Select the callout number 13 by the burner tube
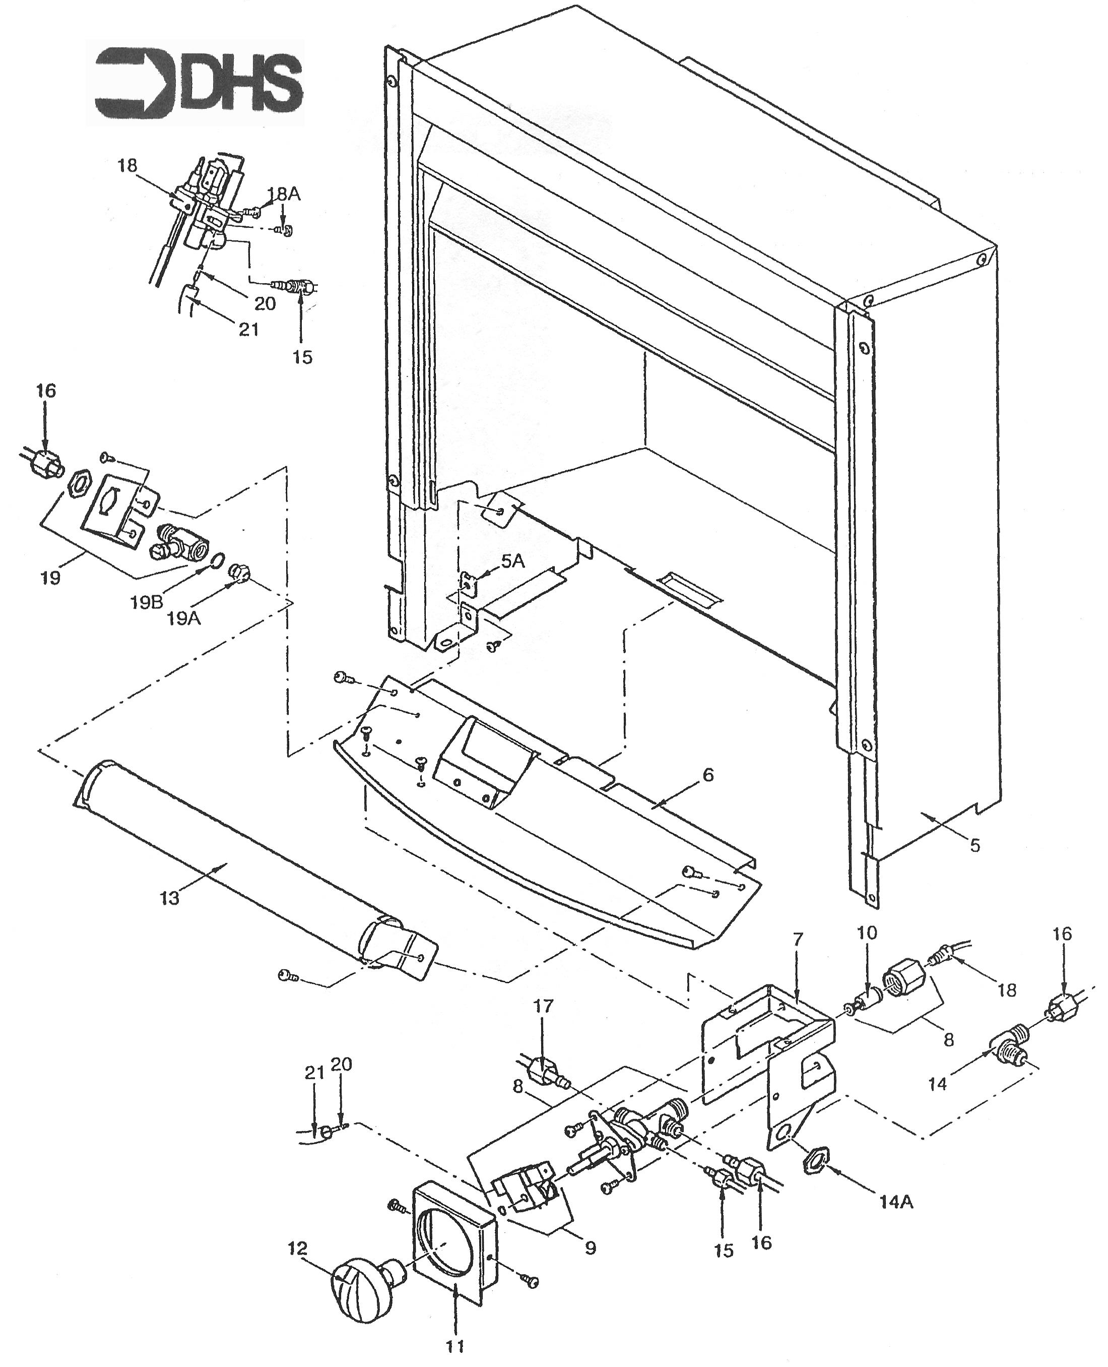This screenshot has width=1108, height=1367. pyautogui.click(x=170, y=898)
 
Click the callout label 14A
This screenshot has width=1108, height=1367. pyautogui.click(x=896, y=1201)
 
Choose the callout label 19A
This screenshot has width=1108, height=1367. pyautogui.click(x=184, y=617)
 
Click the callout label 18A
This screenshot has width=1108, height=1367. pyautogui.click(x=284, y=194)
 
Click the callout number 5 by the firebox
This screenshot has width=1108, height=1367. pyautogui.click(x=974, y=846)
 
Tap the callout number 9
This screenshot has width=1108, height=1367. pyautogui.click(x=591, y=1247)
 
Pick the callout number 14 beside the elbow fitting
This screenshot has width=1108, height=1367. pyautogui.click(x=938, y=1084)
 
